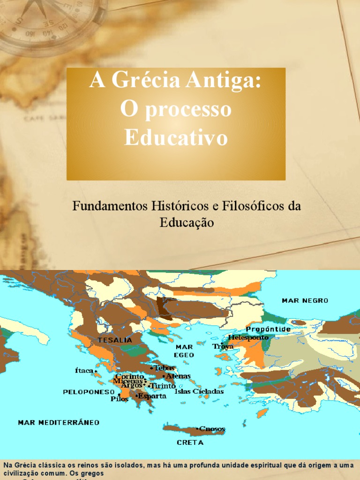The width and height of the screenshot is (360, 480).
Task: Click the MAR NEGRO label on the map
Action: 305,300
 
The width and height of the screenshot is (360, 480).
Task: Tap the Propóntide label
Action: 268,329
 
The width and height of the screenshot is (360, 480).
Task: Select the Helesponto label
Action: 248,337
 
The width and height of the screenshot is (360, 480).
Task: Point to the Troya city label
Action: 223,347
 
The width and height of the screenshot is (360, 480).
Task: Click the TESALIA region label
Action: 115,340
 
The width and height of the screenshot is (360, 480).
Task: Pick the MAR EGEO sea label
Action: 184,351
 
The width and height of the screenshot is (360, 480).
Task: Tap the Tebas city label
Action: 164,368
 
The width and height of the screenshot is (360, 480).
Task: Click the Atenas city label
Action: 178,376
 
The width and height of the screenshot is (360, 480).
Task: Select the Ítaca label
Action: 84,370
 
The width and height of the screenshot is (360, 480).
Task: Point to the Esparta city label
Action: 152,396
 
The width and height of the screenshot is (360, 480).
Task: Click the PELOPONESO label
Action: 89,391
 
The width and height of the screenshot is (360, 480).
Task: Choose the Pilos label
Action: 120,399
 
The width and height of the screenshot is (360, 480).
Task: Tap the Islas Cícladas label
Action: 199,391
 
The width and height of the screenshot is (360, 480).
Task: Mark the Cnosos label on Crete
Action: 212,428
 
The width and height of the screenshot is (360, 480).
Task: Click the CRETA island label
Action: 190,442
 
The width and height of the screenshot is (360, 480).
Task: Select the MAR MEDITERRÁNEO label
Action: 59,422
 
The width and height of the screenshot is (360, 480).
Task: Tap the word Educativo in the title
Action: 176,138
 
